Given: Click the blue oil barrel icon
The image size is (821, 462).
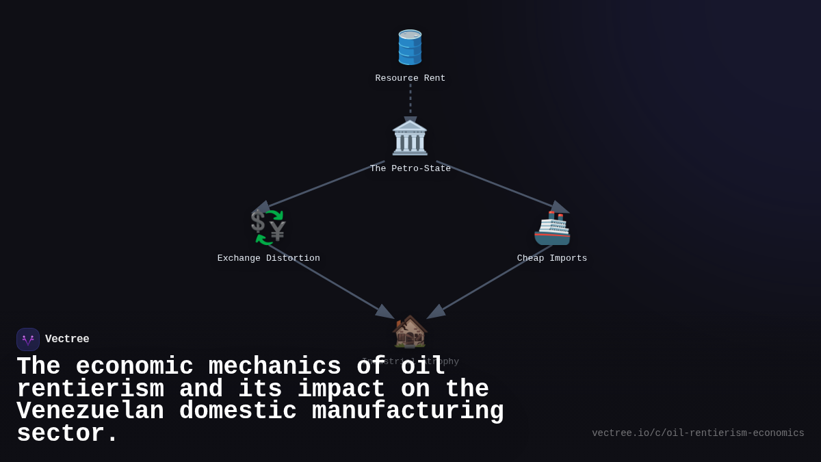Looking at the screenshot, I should click(410, 47).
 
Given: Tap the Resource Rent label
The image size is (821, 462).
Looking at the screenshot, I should click(410, 79).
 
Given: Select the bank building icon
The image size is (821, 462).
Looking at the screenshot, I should click(410, 138).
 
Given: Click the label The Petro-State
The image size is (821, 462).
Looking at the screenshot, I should click(410, 168).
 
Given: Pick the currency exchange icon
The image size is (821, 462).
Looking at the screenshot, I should click(268, 227).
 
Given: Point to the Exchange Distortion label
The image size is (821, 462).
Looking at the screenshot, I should click(268, 259).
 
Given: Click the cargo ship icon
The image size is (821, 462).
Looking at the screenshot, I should click(552, 228).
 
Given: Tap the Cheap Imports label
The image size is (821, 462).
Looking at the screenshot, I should click(552, 259).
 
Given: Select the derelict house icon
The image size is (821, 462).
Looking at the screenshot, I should click(410, 331).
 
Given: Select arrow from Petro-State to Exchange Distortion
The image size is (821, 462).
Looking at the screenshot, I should click(322, 185).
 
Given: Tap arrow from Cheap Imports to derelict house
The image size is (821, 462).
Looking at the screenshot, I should click(489, 282).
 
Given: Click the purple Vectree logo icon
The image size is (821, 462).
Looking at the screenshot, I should click(28, 339).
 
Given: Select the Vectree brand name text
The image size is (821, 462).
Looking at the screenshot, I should click(67, 339).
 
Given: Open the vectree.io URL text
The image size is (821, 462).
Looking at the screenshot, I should click(698, 433).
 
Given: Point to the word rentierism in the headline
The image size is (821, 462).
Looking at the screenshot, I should click(90, 389).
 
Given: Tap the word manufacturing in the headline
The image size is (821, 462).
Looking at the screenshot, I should click(408, 411).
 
